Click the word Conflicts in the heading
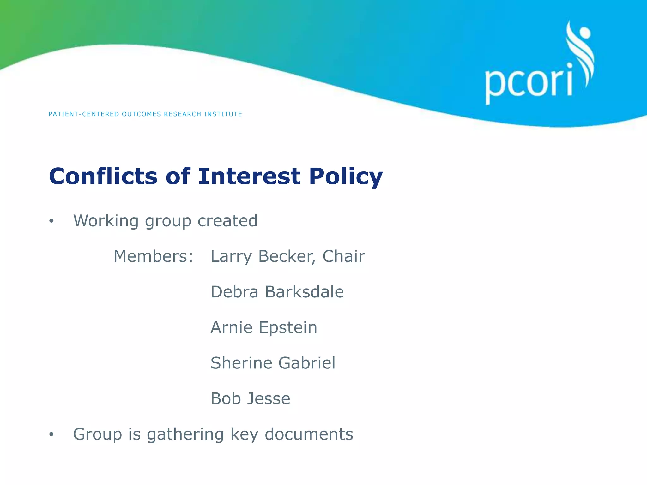103,176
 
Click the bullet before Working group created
51,221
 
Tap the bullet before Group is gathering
51,435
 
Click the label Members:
153,256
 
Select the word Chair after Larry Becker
343,256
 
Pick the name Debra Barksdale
277,292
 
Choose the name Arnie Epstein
264,327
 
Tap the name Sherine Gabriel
273,363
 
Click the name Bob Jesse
250,398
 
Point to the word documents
309,434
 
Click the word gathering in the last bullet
185,435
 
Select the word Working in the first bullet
106,221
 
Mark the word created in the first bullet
227,221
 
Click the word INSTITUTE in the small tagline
223,114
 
